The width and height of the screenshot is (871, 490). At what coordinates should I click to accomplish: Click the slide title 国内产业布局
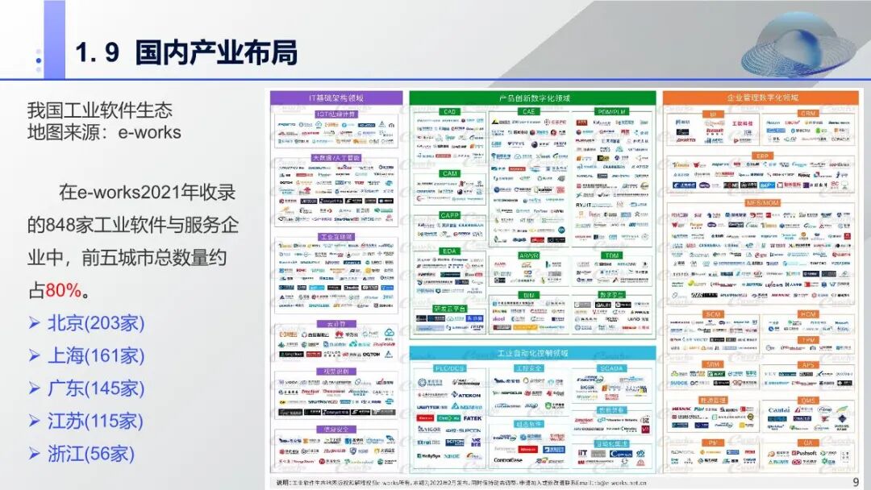(x=216, y=53)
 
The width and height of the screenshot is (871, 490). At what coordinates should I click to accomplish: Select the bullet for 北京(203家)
(x=96, y=323)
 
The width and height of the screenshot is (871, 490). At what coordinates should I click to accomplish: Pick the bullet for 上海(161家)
(x=96, y=355)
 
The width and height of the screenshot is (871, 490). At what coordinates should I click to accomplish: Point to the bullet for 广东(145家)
(x=96, y=388)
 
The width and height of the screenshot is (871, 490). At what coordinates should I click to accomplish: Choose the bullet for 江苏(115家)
(x=96, y=421)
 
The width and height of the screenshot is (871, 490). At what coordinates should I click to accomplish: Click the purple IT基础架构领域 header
(x=335, y=98)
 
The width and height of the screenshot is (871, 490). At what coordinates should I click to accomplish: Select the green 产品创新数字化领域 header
(x=534, y=98)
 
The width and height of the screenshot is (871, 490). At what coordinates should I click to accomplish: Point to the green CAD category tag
(x=449, y=112)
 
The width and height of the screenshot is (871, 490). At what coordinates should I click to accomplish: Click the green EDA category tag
(x=449, y=251)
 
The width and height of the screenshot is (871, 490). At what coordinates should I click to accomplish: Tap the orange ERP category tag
(x=762, y=156)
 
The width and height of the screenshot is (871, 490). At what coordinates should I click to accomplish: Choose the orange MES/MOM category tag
(x=762, y=202)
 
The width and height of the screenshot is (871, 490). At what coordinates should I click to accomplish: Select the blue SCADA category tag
(x=611, y=368)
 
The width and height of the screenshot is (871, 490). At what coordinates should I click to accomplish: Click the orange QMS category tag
(x=808, y=401)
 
